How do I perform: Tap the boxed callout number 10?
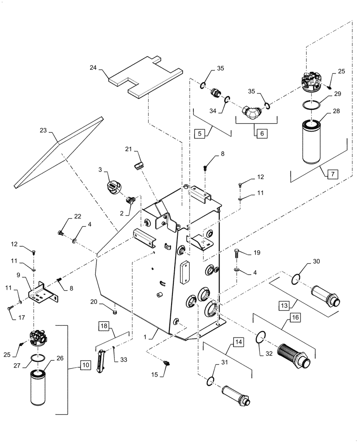[85, 365]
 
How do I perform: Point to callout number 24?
[93, 68]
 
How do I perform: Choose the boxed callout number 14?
[239, 342]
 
